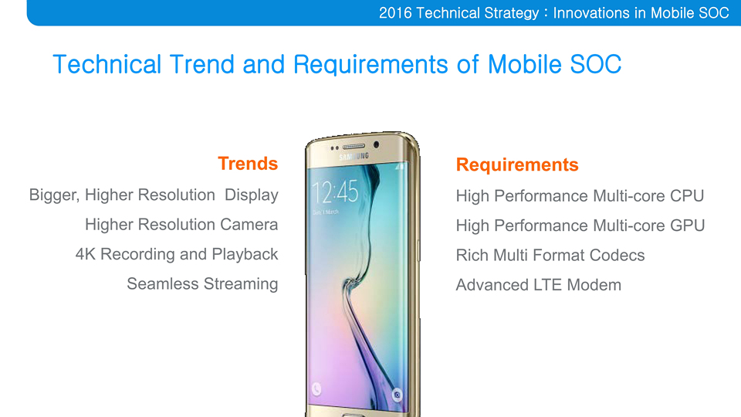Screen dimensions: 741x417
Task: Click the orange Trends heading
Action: click(x=248, y=164)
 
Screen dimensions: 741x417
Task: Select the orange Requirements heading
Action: click(x=517, y=164)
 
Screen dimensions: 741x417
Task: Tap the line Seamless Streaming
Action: click(x=202, y=283)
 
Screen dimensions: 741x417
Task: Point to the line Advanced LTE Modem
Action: click(x=538, y=285)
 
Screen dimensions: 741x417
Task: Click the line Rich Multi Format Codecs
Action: click(x=550, y=256)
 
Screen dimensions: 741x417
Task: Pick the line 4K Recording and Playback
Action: click(x=177, y=254)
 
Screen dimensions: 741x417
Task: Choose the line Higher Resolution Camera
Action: click(x=181, y=225)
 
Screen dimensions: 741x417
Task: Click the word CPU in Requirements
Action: click(x=687, y=195)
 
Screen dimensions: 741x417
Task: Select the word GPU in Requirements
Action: click(x=688, y=225)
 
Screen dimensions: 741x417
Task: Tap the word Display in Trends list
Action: click(x=252, y=195)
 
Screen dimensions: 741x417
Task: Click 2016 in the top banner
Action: click(x=395, y=13)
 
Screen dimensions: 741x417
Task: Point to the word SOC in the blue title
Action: click(x=595, y=64)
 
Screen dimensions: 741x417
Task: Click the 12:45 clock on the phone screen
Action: click(x=335, y=192)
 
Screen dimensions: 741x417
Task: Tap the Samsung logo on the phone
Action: click(x=354, y=157)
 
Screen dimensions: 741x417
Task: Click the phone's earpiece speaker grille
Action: click(x=354, y=147)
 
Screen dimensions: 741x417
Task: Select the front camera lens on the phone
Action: click(x=376, y=144)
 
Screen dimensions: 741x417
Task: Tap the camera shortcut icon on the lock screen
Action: click(x=397, y=395)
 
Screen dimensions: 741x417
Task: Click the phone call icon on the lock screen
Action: click(x=316, y=389)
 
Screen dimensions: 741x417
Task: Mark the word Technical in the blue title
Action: click(x=107, y=64)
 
